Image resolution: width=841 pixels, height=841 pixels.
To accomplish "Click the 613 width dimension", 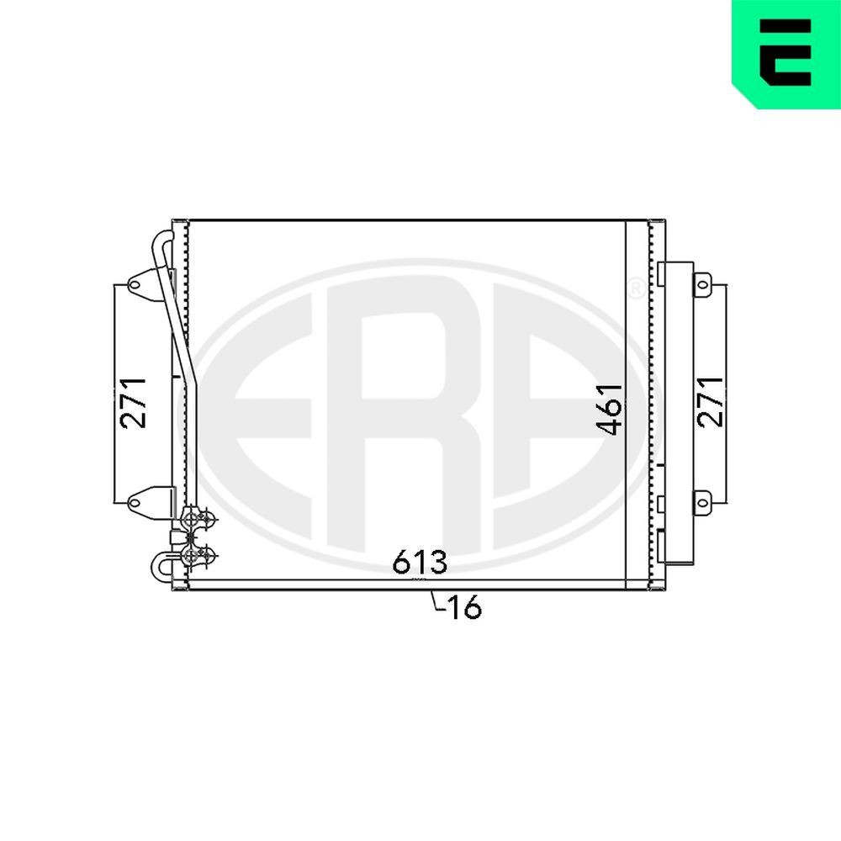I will [420, 563].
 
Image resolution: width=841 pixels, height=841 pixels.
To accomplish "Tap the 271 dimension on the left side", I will [134, 402].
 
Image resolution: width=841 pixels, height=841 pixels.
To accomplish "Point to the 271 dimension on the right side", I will [711, 402].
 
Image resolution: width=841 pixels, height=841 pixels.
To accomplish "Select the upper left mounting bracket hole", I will [134, 285].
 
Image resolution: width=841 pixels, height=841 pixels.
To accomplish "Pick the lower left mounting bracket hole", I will [134, 503].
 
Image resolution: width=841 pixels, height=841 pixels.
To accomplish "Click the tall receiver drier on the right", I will [677, 412].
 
